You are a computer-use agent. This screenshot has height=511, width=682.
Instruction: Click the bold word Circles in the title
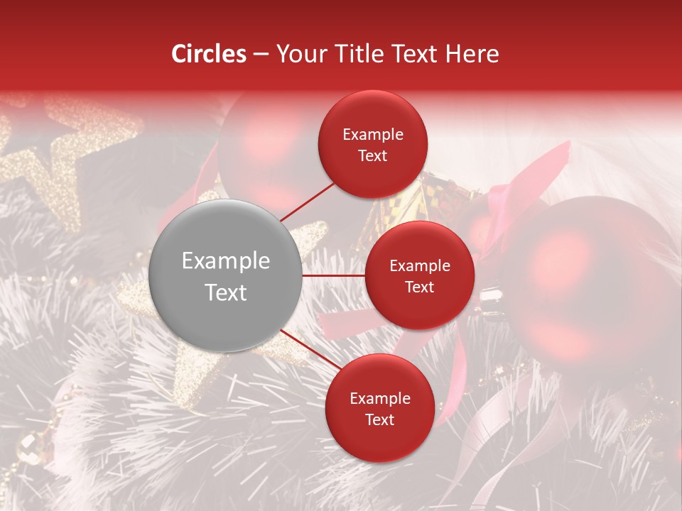[208, 54]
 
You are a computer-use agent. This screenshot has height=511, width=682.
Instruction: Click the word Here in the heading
[473, 54]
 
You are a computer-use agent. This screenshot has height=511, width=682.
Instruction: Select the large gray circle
[226, 275]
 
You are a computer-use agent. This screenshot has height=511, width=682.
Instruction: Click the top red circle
[373, 144]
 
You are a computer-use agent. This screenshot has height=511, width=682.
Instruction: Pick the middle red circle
[419, 275]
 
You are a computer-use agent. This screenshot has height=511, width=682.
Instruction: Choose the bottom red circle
[379, 408]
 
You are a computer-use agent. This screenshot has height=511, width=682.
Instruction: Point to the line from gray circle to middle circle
[333, 275]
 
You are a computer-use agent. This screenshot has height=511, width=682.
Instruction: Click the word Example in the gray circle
[226, 260]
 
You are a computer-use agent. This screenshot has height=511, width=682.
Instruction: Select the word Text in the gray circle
[226, 292]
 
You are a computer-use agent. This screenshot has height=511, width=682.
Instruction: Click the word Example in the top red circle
[373, 134]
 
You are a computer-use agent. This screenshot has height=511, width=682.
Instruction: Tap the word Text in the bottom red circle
[379, 419]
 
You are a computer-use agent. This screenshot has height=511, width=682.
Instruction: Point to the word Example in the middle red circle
[420, 265]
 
